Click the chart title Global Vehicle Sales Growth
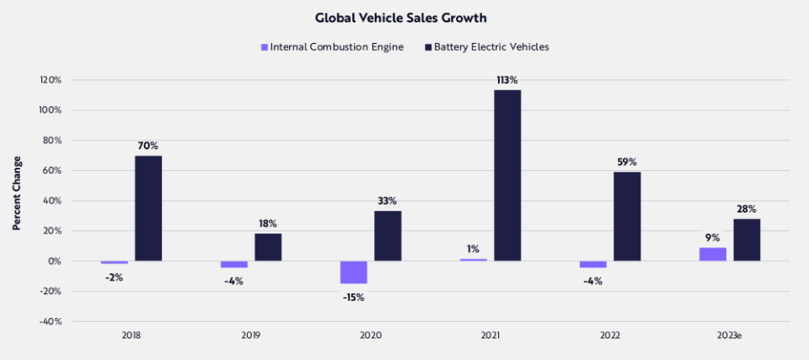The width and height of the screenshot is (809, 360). (x=404, y=17)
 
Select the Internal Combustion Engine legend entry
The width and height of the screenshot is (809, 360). (x=331, y=47)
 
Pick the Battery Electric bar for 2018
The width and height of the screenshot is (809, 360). (x=148, y=208)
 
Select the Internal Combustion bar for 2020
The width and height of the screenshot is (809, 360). (x=354, y=272)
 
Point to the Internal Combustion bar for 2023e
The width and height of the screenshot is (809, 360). (x=712, y=254)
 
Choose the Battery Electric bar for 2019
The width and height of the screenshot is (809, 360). (x=268, y=247)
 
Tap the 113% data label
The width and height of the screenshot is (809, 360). (x=508, y=81)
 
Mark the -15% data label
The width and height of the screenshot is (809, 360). (x=353, y=297)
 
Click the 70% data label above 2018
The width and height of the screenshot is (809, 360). (x=148, y=146)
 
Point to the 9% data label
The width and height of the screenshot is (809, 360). (x=712, y=237)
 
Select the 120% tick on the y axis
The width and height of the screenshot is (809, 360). (x=51, y=80)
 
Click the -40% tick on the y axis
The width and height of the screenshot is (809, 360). (x=51, y=321)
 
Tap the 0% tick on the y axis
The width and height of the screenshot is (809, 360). (x=54, y=261)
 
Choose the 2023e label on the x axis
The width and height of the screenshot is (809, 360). (x=729, y=336)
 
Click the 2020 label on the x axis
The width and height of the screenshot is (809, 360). (x=370, y=336)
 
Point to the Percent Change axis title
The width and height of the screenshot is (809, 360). (x=17, y=193)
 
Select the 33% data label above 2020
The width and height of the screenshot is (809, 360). (x=388, y=201)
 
